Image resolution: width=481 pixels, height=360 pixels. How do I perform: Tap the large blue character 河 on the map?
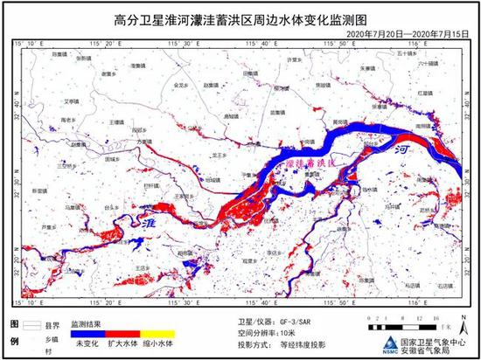click(x=401, y=151)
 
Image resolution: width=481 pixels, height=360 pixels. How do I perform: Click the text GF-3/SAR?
click(x=295, y=322)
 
